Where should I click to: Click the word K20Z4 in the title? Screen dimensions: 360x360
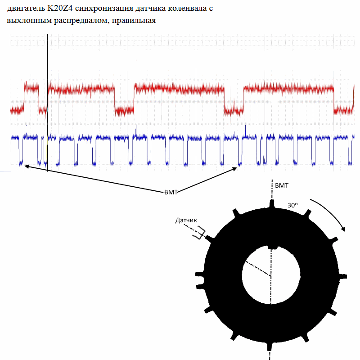pos(60,8)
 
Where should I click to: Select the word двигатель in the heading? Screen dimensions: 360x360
pos(26,9)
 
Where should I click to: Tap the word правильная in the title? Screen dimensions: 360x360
pos(134,21)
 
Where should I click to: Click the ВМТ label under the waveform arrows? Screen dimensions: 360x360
pos(171,192)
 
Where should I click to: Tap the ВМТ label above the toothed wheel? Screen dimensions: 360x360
pos(282,185)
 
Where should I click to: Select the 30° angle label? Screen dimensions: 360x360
pos(292,205)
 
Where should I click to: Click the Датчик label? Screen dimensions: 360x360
pos(186,220)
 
